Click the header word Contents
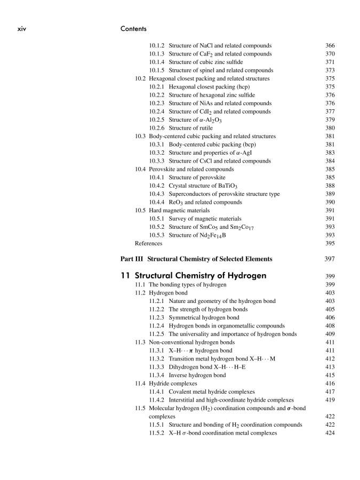click(134, 28)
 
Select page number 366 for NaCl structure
click(330, 45)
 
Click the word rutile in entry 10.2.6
click(222, 128)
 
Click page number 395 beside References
click(330, 243)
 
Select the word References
click(149, 243)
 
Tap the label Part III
click(132, 259)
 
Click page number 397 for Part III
click(330, 259)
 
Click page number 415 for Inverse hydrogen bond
click(330, 375)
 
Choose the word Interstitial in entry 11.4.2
click(185, 400)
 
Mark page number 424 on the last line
click(330, 433)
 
